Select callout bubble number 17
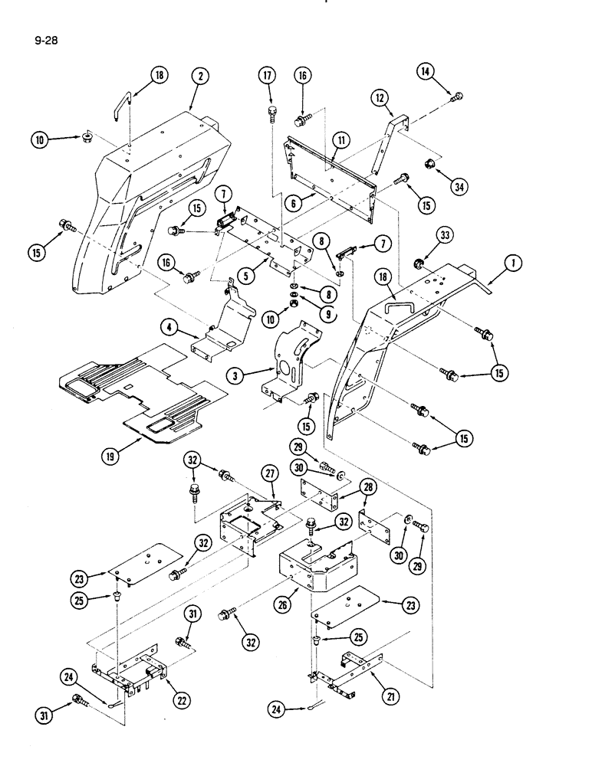click(x=268, y=77)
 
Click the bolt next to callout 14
click(x=458, y=96)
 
